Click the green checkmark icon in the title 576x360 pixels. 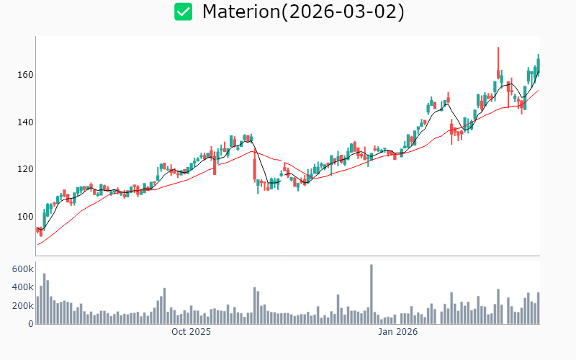184,12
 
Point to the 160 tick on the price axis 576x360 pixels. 24,75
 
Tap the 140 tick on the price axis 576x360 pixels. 24,122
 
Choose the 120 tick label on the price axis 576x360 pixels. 24,169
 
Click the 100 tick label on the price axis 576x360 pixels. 24,217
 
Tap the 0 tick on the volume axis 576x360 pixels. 30,324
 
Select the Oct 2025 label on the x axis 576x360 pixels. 191,332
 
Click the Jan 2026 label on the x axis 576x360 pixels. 398,332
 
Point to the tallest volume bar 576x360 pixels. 371,294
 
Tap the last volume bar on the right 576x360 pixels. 538,308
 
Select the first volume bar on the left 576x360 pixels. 37,310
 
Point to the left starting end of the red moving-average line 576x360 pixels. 38,244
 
